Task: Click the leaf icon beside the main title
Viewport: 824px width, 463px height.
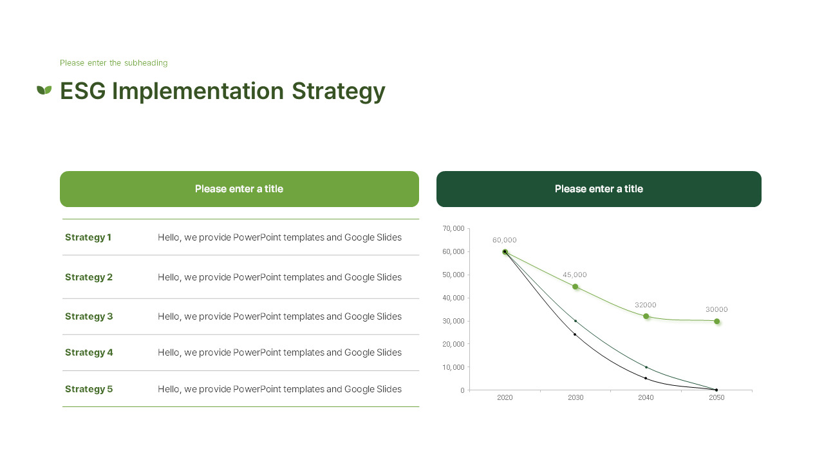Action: [44, 90]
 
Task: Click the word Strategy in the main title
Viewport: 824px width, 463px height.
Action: [338, 91]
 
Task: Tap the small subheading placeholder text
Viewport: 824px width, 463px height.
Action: [113, 63]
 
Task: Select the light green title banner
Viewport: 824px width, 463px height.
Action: [239, 189]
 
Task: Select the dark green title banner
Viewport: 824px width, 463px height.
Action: [599, 189]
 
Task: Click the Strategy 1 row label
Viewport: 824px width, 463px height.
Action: [88, 237]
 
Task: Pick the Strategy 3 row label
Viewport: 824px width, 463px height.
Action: [89, 316]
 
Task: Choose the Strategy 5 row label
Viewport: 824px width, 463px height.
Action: [89, 389]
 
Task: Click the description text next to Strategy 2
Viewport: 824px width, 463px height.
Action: [279, 277]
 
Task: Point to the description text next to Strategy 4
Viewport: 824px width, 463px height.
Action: [279, 352]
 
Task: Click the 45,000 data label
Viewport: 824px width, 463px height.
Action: [575, 275]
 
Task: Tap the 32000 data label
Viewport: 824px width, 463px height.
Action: [645, 305]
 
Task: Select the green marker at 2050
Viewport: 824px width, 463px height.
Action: [716, 321]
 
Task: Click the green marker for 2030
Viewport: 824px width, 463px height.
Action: [576, 287]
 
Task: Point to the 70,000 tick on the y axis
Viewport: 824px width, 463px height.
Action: [454, 228]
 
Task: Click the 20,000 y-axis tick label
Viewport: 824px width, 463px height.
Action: [454, 344]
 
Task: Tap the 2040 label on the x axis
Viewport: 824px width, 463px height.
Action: [646, 397]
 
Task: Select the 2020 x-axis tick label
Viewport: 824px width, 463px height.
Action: [505, 397]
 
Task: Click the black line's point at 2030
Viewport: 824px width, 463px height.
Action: [575, 334]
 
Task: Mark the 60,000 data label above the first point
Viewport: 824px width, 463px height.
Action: [505, 240]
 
